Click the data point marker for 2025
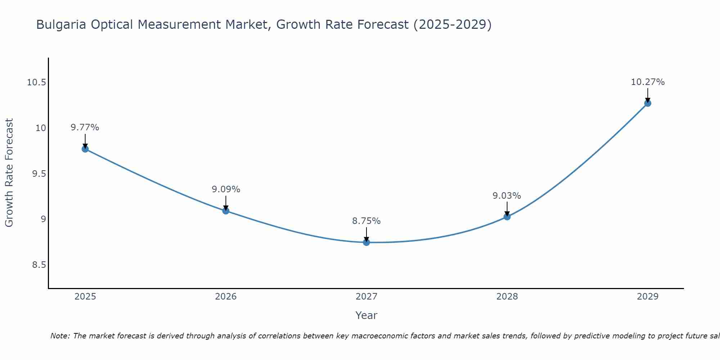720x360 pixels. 85,149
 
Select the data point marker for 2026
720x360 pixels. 226,211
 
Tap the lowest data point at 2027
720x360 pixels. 366,242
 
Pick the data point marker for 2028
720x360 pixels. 507,217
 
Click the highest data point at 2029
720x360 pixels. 648,103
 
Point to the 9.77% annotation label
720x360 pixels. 85,127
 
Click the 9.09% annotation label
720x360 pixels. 226,189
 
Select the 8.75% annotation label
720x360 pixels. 366,221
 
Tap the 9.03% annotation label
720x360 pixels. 507,196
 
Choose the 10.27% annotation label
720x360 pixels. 648,82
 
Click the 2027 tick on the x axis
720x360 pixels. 366,297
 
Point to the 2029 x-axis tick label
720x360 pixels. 648,297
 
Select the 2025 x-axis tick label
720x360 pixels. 85,297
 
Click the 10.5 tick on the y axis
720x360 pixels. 37,82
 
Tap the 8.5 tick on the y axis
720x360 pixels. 39,265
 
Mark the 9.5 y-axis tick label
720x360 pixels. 39,174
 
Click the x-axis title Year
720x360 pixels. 366,315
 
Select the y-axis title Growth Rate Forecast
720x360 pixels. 9,173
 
